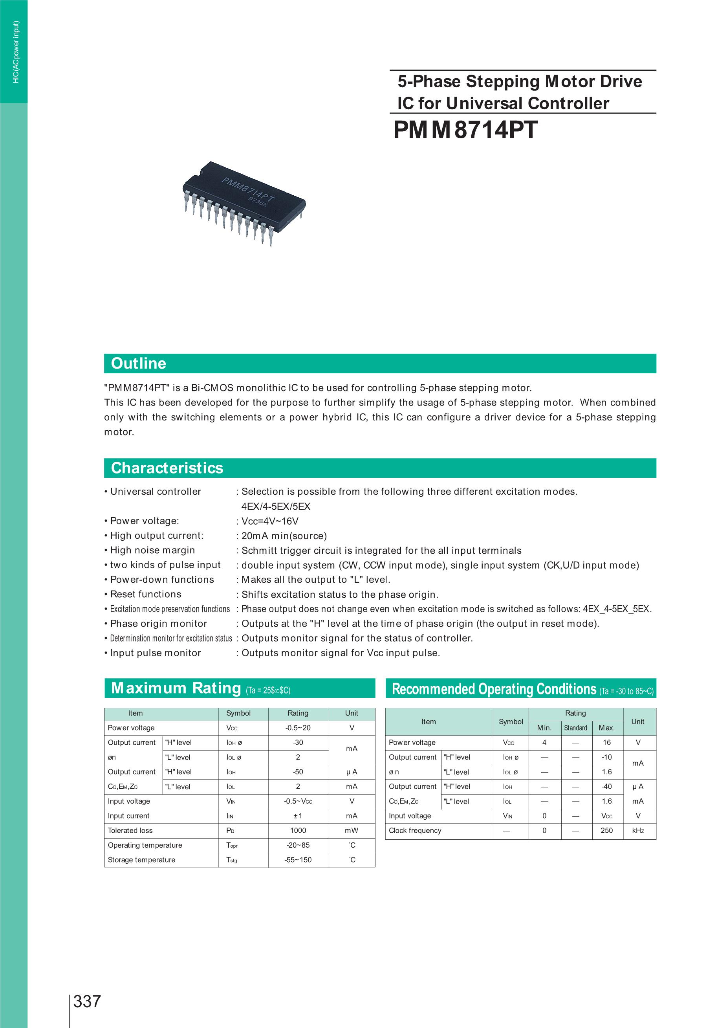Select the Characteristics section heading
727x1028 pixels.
click(x=167, y=468)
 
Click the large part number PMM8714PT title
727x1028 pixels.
click(x=465, y=130)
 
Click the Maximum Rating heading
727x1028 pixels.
click(x=176, y=688)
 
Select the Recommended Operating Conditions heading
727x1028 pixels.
click(x=494, y=689)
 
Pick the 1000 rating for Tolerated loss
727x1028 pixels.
click(x=298, y=830)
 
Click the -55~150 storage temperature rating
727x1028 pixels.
click(x=298, y=859)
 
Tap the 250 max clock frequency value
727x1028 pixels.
click(x=606, y=830)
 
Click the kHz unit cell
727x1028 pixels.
click(x=638, y=830)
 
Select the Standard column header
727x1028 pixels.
click(x=575, y=728)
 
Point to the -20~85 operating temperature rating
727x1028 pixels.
click(x=298, y=845)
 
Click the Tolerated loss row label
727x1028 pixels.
click(x=130, y=830)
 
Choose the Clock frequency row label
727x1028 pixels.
click(x=415, y=830)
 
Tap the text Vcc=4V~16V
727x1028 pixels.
click(x=270, y=521)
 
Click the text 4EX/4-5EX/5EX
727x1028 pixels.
click(x=276, y=507)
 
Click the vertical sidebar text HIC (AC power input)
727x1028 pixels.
click(x=16, y=51)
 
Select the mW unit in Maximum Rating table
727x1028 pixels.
click(x=352, y=830)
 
